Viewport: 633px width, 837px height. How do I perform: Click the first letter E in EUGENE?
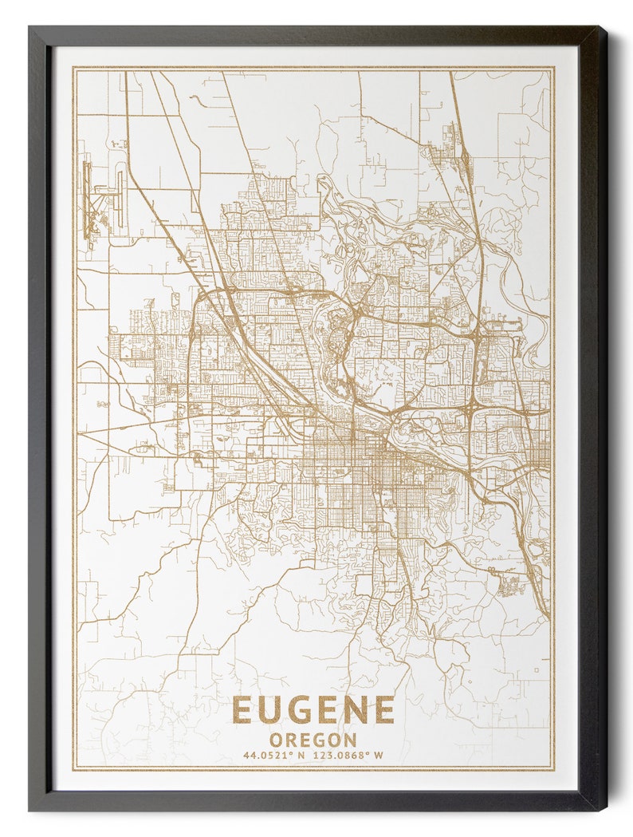(242, 710)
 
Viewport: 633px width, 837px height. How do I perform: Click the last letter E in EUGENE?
(384, 710)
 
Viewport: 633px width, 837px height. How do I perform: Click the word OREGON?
(313, 740)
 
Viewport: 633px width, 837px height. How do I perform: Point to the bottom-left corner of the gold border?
(74, 769)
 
